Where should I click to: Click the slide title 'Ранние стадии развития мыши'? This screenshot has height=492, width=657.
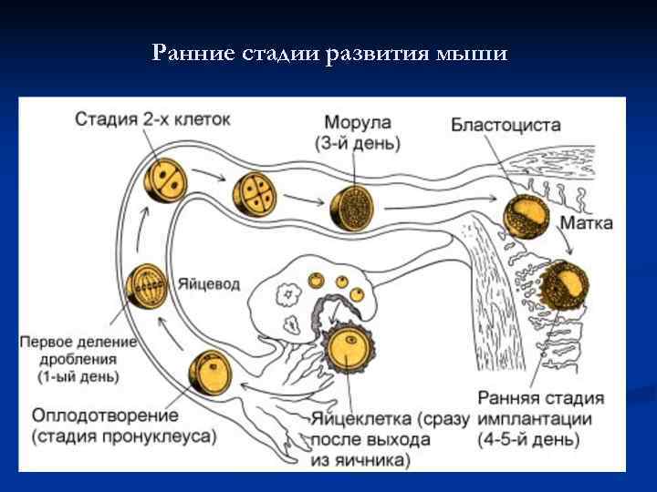pyautogui.click(x=329, y=54)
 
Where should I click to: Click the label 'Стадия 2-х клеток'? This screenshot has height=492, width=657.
pyautogui.click(x=152, y=119)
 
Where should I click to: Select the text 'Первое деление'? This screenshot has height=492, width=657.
pyautogui.click(x=78, y=343)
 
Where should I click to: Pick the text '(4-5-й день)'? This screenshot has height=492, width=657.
pyautogui.click(x=528, y=439)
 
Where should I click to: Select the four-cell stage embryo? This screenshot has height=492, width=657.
pyautogui.click(x=254, y=192)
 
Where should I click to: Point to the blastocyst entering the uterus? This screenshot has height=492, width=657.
pyautogui.click(x=523, y=217)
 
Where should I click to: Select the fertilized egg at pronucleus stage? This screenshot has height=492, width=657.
pyautogui.click(x=210, y=374)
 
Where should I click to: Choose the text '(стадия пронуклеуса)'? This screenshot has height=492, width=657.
pyautogui.click(x=124, y=436)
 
